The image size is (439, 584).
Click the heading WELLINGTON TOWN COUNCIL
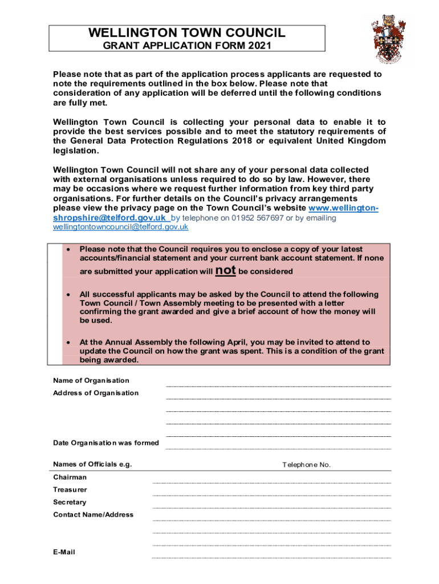click(187, 33)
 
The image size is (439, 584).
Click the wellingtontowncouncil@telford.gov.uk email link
click(120, 227)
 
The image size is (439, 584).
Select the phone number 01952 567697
click(256, 218)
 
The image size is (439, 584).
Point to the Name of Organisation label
click(91, 380)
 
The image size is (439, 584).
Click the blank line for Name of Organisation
click(278, 386)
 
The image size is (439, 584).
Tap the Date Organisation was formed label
click(106, 443)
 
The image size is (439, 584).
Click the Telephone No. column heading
click(306, 465)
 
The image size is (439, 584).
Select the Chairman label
click(70, 477)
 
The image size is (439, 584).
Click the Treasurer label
click(70, 490)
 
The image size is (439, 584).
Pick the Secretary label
click(70, 502)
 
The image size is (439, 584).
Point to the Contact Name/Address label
click(94, 515)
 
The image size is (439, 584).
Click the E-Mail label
click(64, 552)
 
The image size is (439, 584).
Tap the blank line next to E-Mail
click(271, 557)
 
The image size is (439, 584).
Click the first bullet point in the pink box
click(68, 249)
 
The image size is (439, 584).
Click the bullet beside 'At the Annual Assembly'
click(68, 343)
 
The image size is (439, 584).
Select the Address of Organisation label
click(96, 393)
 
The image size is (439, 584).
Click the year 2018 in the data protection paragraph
click(242, 141)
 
